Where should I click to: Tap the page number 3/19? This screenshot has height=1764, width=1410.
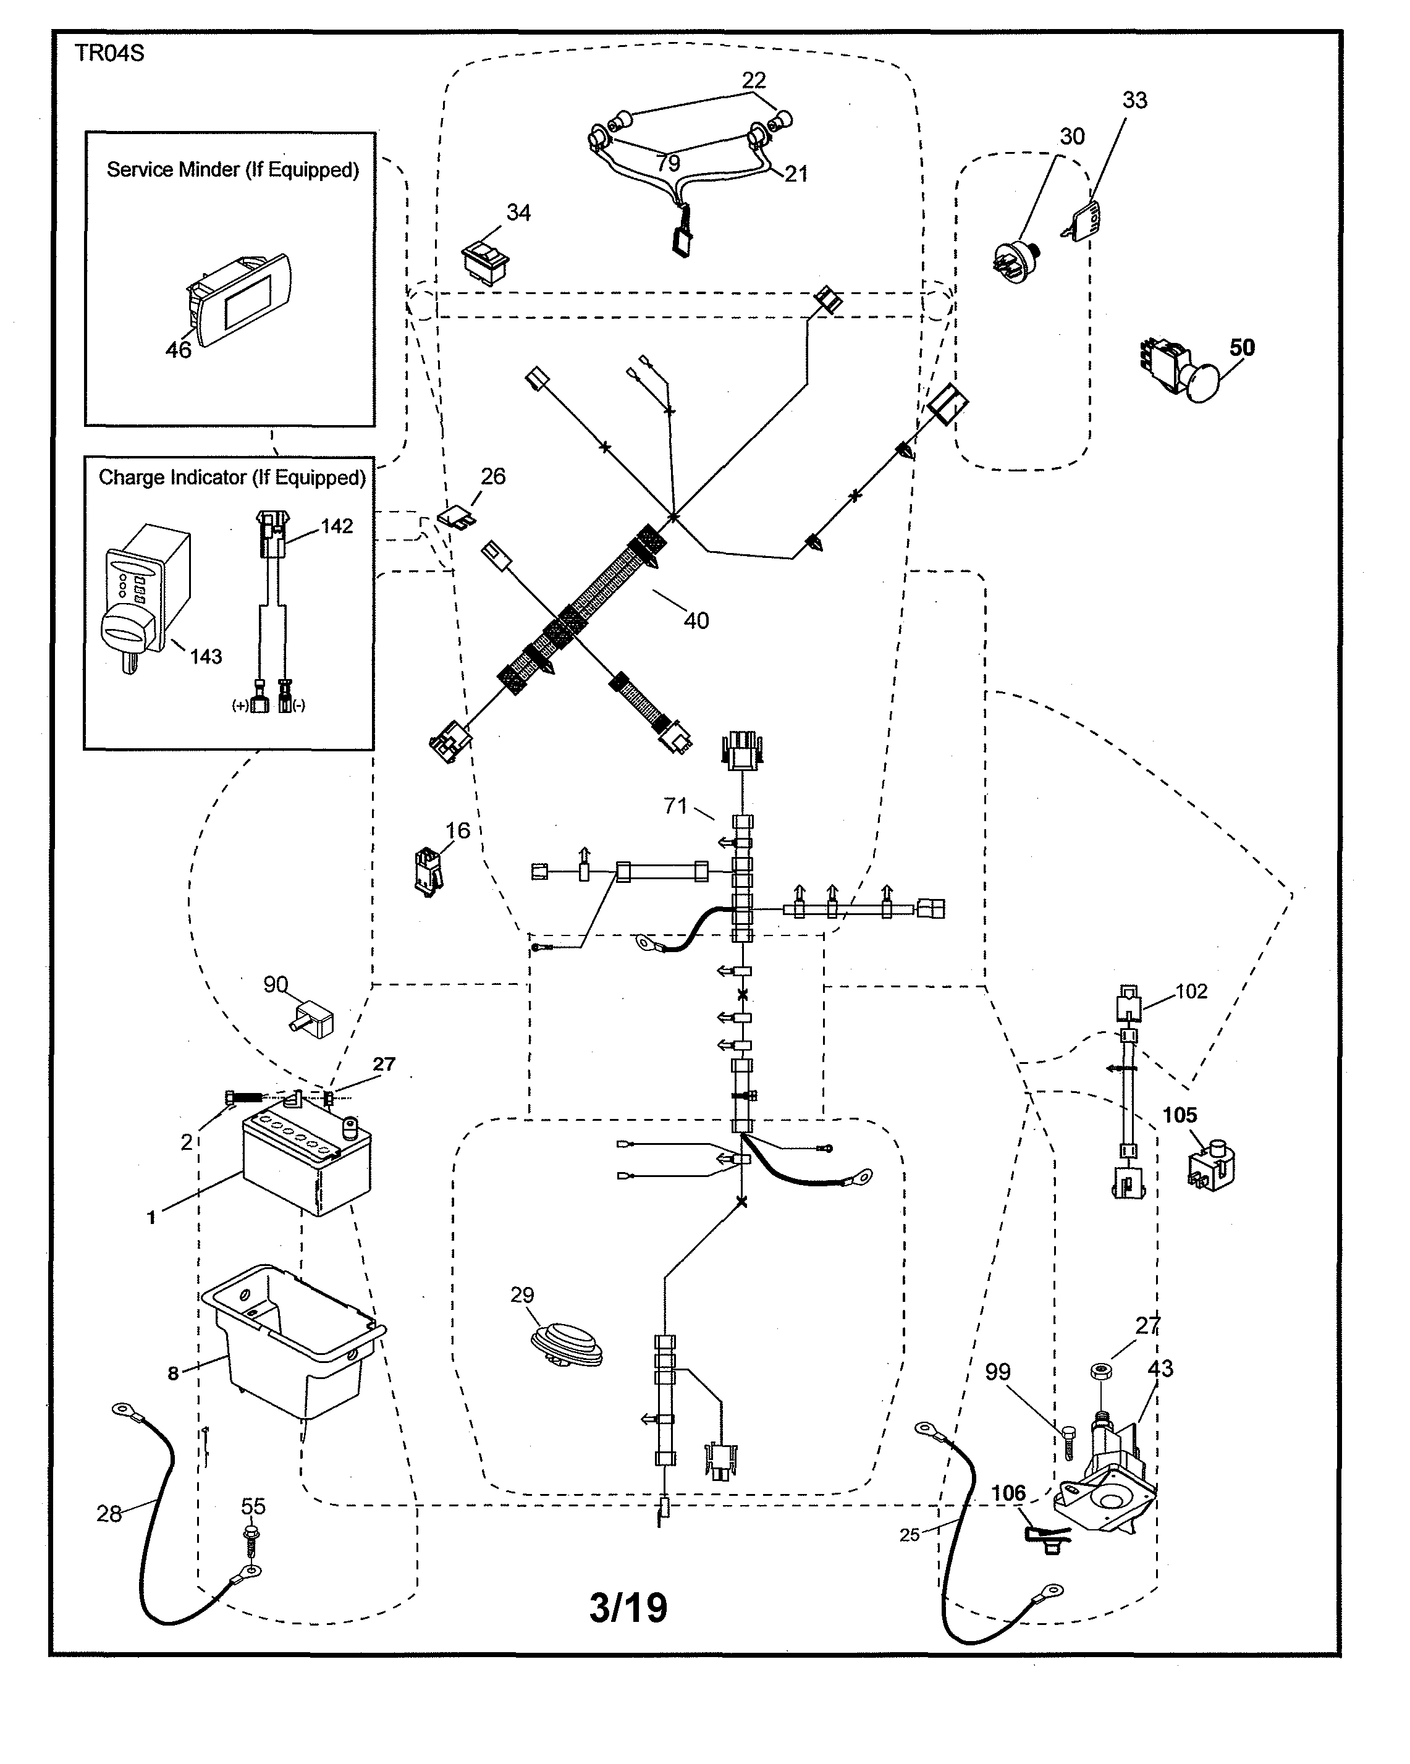628,1608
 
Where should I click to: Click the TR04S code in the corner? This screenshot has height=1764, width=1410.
109,53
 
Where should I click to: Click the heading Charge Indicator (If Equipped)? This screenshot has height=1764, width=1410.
232,478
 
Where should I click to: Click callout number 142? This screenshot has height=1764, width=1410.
336,526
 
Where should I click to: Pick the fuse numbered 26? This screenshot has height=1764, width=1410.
457,517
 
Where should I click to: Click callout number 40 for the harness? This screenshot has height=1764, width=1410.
696,621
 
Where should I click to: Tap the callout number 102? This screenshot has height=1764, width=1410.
1191,992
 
